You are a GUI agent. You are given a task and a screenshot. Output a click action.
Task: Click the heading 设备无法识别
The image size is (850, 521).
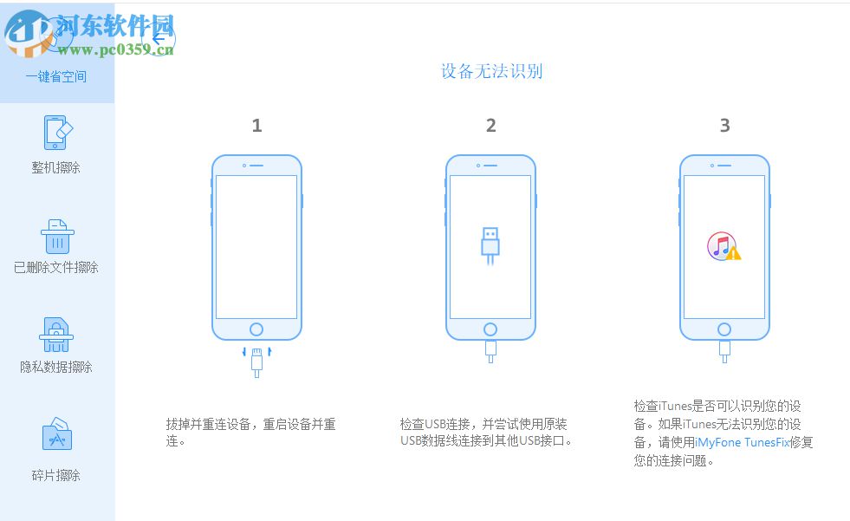[x=491, y=71]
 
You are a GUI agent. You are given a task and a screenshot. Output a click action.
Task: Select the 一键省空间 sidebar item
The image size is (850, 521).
[x=56, y=76]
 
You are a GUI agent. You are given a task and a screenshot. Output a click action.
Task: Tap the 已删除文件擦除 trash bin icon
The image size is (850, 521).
[x=57, y=235]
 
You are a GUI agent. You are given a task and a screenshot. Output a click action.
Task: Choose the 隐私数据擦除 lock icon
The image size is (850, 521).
[x=56, y=335]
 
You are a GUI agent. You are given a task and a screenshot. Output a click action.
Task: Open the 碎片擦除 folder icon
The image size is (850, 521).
[x=56, y=435]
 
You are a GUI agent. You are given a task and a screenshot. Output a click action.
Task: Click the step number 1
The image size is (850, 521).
[x=256, y=126]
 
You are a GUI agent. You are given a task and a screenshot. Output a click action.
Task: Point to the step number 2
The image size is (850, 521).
[x=490, y=126]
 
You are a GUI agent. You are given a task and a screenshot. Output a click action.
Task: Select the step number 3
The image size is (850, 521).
[x=724, y=126]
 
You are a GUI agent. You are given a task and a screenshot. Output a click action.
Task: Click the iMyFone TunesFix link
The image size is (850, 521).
[x=742, y=441]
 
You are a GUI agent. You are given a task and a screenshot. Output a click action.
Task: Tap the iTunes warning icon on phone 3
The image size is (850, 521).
[x=723, y=247]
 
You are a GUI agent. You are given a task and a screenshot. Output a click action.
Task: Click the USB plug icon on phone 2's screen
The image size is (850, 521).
[x=490, y=246]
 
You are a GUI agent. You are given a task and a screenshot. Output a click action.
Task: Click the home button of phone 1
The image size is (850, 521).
[x=256, y=329]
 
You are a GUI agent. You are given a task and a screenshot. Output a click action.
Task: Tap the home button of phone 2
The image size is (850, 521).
[x=490, y=329]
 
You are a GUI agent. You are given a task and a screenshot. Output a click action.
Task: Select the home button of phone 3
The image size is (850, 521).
[x=724, y=329]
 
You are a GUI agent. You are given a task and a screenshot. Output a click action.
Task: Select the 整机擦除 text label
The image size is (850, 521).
[x=56, y=168]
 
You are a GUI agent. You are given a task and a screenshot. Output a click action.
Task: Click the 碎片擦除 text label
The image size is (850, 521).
[x=56, y=475]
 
